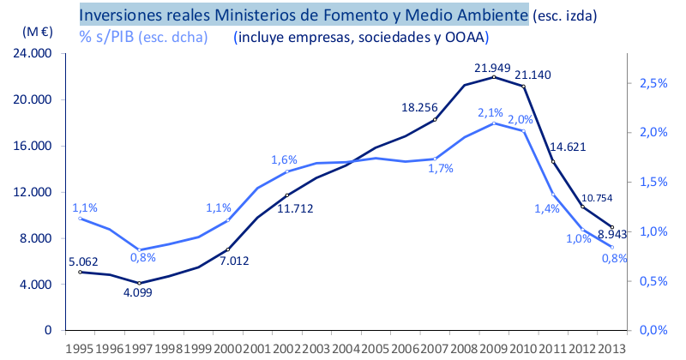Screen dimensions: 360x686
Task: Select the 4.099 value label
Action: point(139,293)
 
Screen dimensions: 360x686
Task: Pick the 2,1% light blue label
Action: point(490,112)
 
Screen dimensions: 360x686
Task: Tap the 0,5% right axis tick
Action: point(653,280)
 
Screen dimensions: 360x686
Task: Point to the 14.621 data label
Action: point(568,147)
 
